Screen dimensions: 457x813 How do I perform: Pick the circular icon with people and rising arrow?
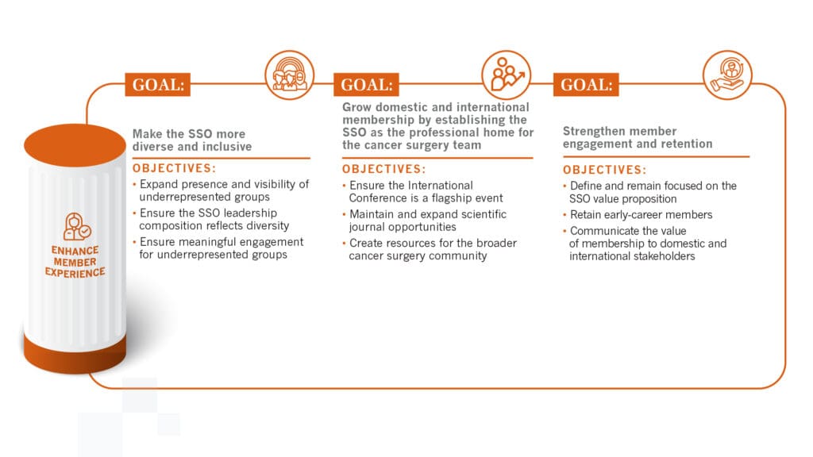point(506,75)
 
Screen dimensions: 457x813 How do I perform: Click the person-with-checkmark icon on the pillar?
point(75,227)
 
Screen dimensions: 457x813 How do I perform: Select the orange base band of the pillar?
point(75,350)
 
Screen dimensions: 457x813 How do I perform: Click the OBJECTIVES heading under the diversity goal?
point(174,168)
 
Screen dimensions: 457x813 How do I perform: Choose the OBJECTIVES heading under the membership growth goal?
point(384,169)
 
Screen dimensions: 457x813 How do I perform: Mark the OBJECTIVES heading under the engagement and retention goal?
point(604,170)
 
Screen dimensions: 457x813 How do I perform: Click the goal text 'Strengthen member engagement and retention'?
point(638,137)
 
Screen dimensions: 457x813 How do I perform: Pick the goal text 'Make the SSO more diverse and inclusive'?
point(192,140)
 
